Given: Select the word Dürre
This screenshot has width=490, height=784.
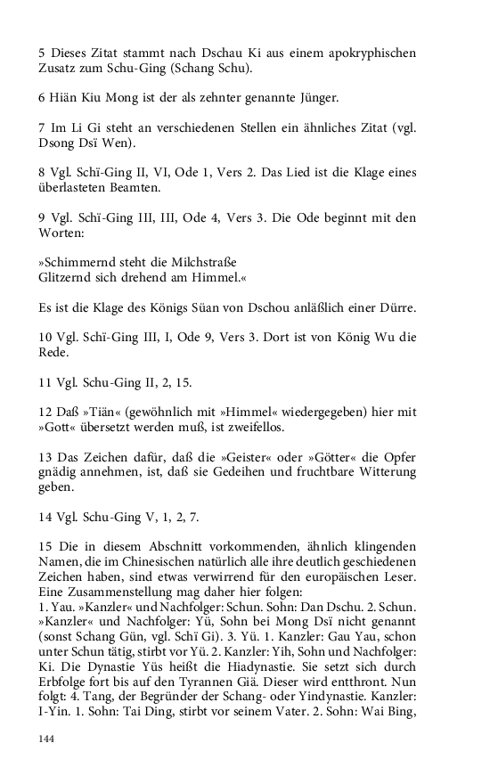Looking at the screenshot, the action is [x=396, y=307].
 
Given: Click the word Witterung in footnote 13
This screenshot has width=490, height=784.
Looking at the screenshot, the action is [x=384, y=473].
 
